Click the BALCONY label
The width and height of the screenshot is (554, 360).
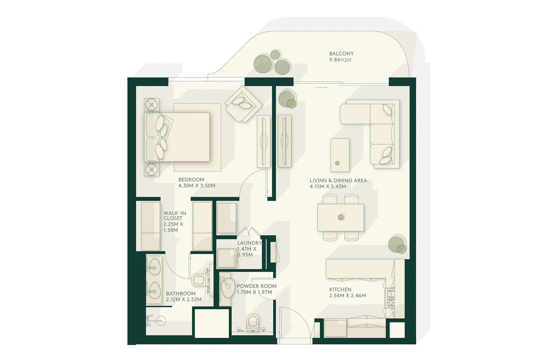tap(341, 54)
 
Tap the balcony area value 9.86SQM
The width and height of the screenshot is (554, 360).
tap(340, 60)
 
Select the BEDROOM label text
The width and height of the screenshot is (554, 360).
tap(191, 180)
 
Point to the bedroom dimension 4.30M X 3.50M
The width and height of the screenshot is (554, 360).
tap(197, 186)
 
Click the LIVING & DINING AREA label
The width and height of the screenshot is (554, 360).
tap(338, 181)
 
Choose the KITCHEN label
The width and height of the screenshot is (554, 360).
tap(340, 289)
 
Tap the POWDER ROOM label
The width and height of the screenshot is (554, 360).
tap(257, 286)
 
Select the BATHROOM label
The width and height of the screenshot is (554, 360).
tap(181, 293)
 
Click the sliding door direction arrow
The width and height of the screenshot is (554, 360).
tap(321, 87)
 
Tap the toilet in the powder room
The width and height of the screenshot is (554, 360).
tap(253, 322)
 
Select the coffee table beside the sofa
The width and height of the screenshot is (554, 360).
tap(340, 155)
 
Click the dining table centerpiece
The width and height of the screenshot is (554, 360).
tap(341, 217)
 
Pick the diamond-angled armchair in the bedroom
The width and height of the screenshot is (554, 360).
tap(244, 104)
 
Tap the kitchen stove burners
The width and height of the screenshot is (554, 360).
tap(390, 298)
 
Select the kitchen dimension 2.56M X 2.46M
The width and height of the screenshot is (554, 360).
tap(348, 295)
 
